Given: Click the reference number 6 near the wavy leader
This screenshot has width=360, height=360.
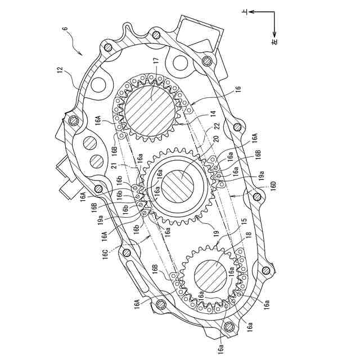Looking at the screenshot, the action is [x=66, y=29].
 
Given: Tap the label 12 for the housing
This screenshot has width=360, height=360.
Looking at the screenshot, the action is [x=60, y=70].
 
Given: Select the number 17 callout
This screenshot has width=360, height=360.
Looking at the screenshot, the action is [x=156, y=61].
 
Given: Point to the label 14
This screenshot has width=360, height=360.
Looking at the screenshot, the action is [x=214, y=114].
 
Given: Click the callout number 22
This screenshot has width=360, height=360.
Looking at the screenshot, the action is [x=217, y=126].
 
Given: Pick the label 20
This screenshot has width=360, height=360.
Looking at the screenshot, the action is [x=217, y=139].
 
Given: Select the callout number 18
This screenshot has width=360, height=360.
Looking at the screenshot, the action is [x=249, y=235].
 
